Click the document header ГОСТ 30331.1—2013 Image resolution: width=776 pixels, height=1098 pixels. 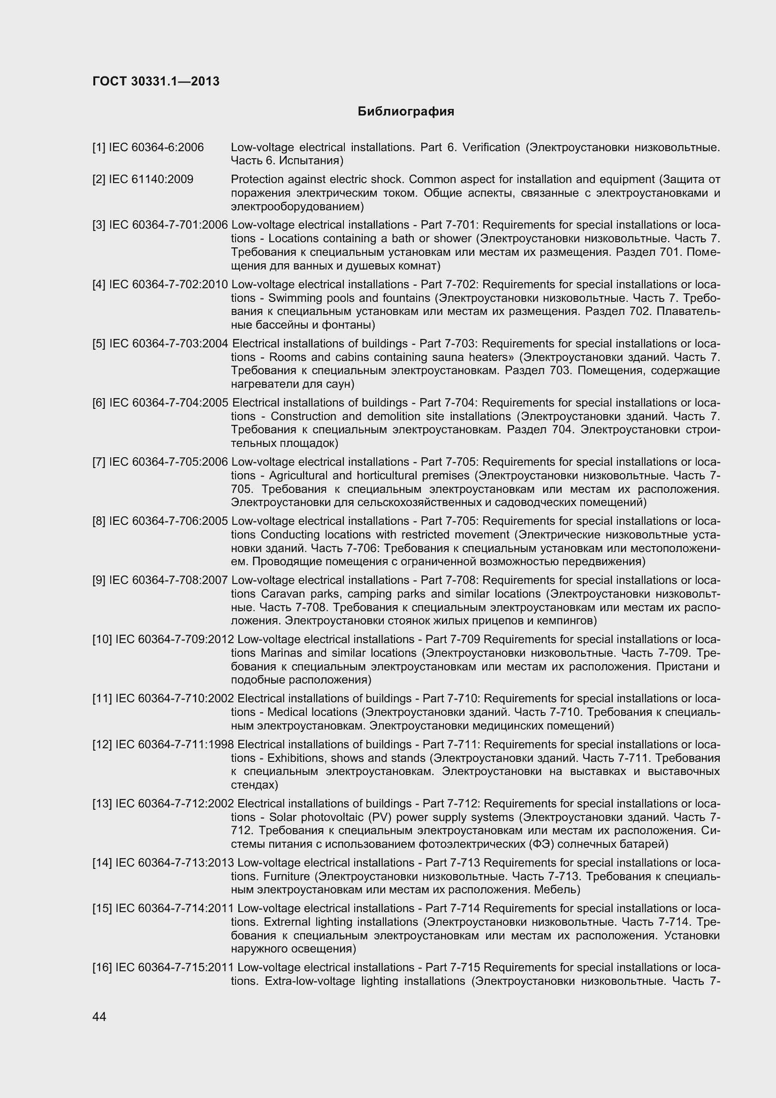(156, 81)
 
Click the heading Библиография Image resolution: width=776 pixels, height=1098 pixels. (406, 111)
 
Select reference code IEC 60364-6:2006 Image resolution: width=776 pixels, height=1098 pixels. (156, 147)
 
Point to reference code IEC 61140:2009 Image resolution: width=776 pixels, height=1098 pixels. (151, 179)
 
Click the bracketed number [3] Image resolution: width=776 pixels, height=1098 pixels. (99, 225)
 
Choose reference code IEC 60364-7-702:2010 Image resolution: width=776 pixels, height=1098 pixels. (169, 284)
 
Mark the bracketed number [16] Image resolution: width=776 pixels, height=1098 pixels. (102, 967)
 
